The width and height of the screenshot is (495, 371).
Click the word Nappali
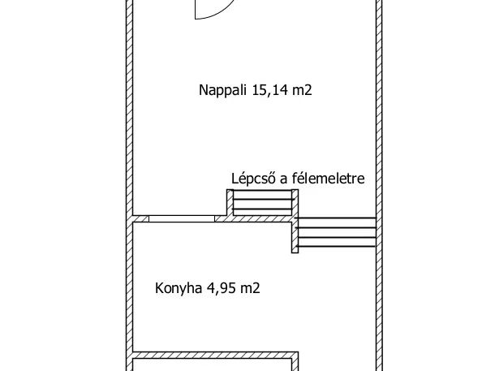pyautogui.click(x=222, y=91)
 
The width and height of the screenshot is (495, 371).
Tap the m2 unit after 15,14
pyautogui.click(x=303, y=91)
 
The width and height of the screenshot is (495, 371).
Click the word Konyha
pyautogui.click(x=179, y=287)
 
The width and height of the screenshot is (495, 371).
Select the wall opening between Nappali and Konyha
pyautogui.click(x=182, y=218)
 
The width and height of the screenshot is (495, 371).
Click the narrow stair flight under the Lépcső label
pyautogui.click(x=262, y=204)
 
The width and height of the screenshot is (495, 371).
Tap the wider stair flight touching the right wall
pyautogui.click(x=337, y=232)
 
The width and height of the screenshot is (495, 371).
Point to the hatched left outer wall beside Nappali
pyautogui.click(x=129, y=106)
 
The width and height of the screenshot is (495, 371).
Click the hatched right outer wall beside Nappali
pyautogui.click(x=378, y=106)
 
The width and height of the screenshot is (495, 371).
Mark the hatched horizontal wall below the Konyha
pyautogui.click(x=215, y=355)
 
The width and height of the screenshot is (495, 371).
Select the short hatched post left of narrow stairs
pyautogui.click(x=229, y=203)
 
